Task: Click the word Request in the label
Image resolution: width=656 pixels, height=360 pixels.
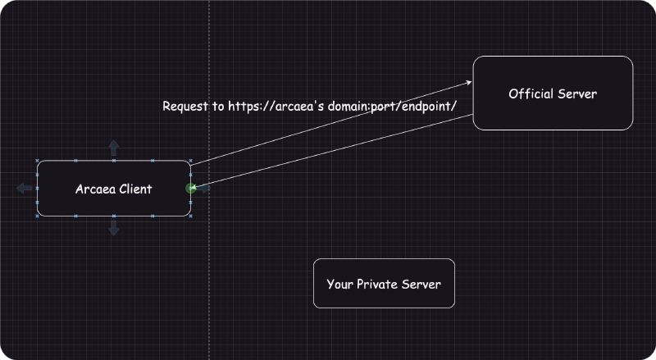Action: click(187, 107)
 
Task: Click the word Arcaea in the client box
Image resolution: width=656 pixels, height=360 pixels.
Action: click(93, 189)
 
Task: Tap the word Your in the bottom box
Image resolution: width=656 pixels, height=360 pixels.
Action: click(339, 285)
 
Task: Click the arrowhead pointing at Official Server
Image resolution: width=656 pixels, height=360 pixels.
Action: click(470, 82)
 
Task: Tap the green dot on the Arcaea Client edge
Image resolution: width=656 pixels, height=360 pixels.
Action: click(191, 189)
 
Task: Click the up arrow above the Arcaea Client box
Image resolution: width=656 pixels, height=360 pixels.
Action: click(114, 148)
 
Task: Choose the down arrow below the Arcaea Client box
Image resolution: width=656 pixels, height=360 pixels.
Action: click(114, 229)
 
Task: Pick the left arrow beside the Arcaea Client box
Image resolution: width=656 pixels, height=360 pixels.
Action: click(25, 189)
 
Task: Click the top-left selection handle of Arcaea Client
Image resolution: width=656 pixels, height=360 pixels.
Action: click(38, 162)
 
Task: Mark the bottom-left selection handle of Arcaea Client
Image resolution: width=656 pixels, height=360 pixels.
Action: click(38, 216)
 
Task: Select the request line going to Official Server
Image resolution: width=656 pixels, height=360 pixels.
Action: click(328, 123)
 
